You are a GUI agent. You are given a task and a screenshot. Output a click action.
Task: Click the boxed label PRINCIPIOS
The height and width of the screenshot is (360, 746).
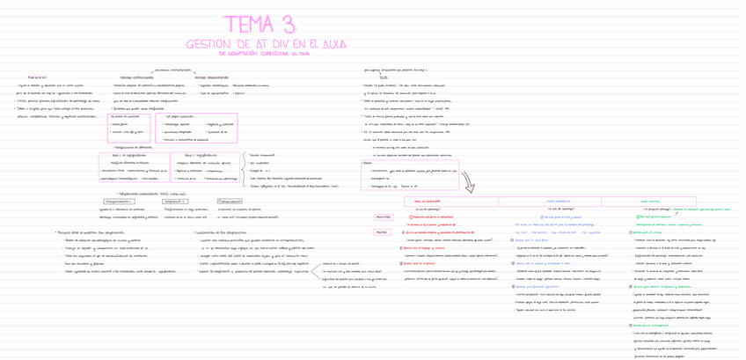[x=384, y=217]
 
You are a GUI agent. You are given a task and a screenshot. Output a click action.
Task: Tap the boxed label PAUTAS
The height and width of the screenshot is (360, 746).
[x=382, y=232]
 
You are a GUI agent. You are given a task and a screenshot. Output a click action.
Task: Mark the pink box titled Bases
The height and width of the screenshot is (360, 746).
[x=368, y=162]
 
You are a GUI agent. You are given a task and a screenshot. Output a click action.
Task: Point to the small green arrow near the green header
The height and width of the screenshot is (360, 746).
[x=680, y=210]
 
